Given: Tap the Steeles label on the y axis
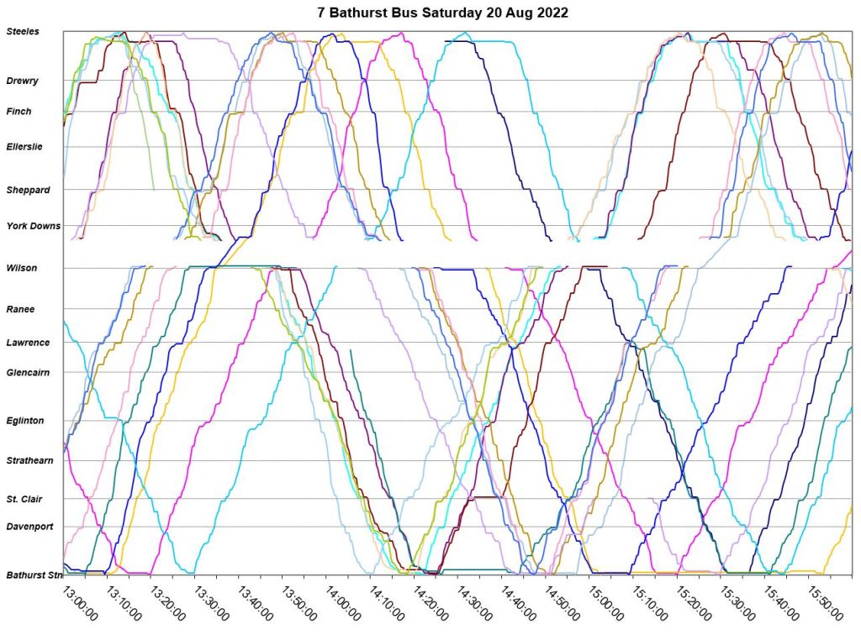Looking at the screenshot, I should tap(23, 32).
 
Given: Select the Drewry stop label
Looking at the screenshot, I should tap(22, 81).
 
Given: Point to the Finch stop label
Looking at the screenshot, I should tap(18, 112).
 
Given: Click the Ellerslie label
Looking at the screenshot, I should tap(24, 147).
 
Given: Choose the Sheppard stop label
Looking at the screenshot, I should tap(28, 190).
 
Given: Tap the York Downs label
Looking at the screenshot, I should tap(33, 226).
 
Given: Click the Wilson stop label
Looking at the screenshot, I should tap(21, 268).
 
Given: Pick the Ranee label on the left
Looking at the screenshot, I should tap(20, 309).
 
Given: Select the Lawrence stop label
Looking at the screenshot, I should tap(28, 343).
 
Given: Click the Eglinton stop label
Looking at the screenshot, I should tap(25, 421).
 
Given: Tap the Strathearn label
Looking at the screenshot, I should tap(30, 461).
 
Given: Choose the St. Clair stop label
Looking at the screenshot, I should tap(24, 500).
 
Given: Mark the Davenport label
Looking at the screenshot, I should tap(29, 527).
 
